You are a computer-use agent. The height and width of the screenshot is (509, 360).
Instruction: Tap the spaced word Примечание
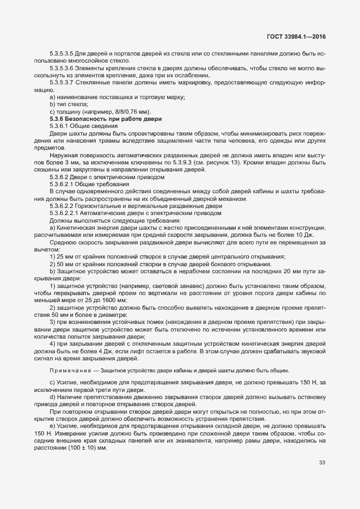(x=70, y=371)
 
